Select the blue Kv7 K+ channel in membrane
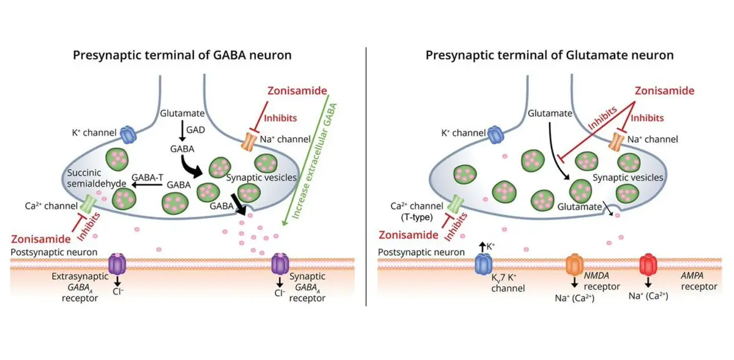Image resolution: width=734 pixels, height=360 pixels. [x=484, y=264]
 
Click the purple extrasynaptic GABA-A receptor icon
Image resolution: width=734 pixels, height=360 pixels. [x=117, y=264]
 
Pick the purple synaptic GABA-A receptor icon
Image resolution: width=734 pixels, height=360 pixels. [x=280, y=264]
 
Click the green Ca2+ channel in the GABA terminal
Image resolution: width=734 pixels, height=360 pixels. [x=92, y=203]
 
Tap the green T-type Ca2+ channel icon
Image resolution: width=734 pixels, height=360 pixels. [x=457, y=203]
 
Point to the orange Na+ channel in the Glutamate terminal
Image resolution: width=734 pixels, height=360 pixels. [x=617, y=141]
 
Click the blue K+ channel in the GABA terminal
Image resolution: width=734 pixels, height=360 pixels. [x=129, y=134]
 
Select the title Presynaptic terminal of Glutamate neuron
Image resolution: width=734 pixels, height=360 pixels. [x=549, y=55]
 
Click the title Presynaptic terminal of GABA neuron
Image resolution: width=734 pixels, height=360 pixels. [x=182, y=55]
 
